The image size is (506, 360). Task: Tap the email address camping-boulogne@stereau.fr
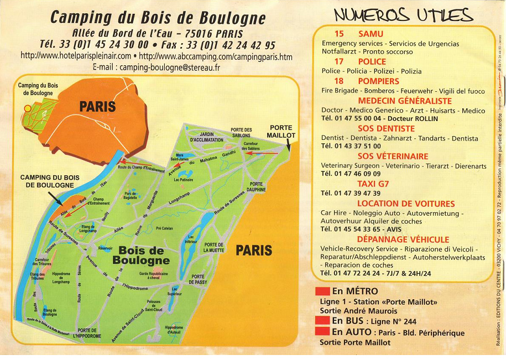[x=157, y=67]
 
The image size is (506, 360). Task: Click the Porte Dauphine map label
[x=256, y=187]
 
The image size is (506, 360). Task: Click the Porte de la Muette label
[x=213, y=247]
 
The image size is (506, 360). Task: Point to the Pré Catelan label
[x=165, y=228]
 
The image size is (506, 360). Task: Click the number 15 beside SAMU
[x=339, y=34]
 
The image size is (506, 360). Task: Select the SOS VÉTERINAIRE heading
[x=393, y=156]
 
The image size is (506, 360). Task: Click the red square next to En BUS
[x=322, y=320]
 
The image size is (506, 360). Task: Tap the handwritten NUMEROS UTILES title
[x=403, y=15]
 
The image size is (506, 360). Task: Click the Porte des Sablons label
[x=241, y=133]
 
